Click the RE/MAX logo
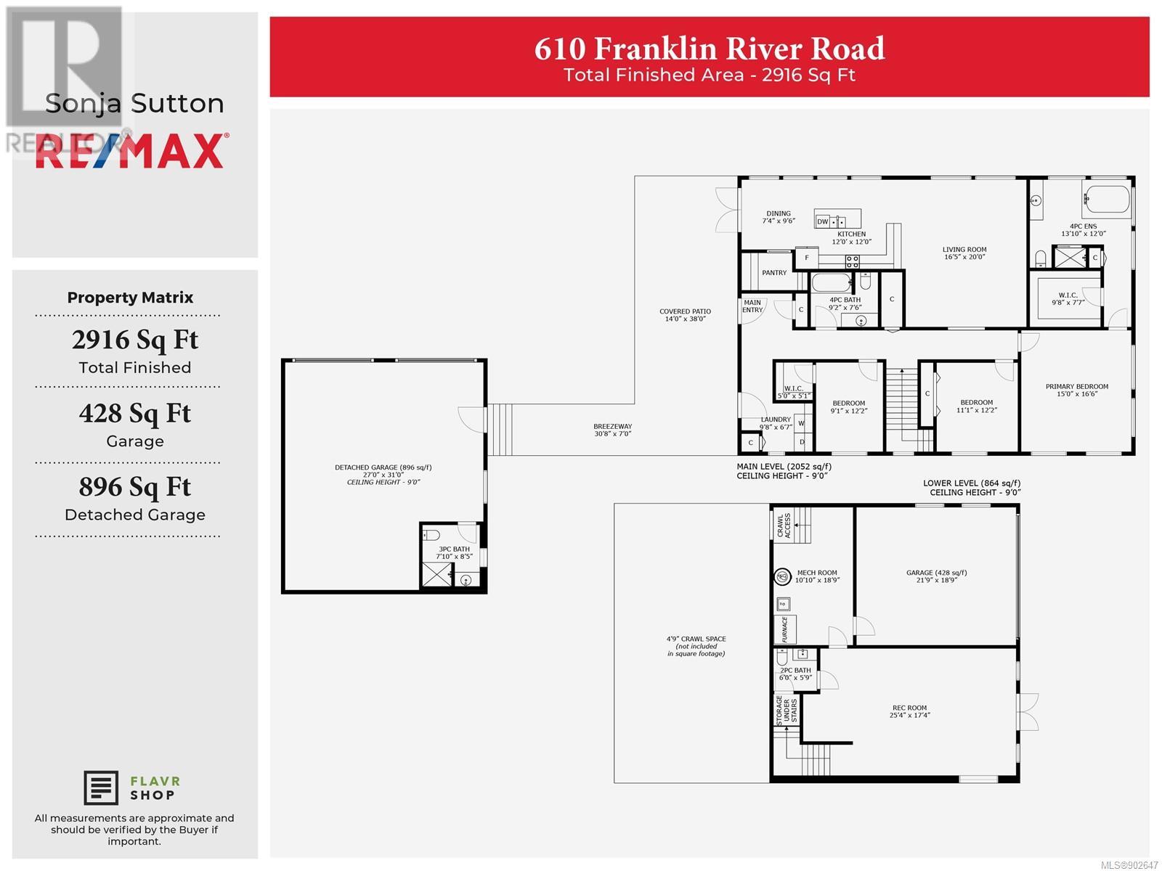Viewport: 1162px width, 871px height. pyautogui.click(x=132, y=151)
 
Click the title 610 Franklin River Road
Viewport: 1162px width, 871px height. pyautogui.click(x=709, y=49)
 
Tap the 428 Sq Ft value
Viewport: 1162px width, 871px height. pyautogui.click(x=135, y=414)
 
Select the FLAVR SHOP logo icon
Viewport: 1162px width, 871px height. pyautogui.click(x=100, y=788)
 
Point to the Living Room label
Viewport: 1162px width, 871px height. pyautogui.click(x=964, y=253)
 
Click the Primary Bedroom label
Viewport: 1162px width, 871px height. pyautogui.click(x=1077, y=390)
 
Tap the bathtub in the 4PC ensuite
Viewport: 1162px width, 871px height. pyautogui.click(x=1106, y=199)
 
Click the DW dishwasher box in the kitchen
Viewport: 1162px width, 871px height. pyautogui.click(x=822, y=221)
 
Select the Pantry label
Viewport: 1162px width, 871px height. pyautogui.click(x=774, y=273)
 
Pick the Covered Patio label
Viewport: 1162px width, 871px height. pyautogui.click(x=685, y=315)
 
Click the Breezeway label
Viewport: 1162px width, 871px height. pyautogui.click(x=612, y=430)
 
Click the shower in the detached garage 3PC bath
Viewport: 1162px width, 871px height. pyautogui.click(x=436, y=575)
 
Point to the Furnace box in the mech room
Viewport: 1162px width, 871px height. pyautogui.click(x=785, y=629)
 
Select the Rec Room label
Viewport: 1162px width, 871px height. pyautogui.click(x=909, y=711)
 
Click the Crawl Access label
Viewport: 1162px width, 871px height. pyautogui.click(x=784, y=526)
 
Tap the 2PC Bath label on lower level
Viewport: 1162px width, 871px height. pyautogui.click(x=795, y=674)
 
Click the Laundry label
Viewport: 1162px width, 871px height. pyautogui.click(x=776, y=423)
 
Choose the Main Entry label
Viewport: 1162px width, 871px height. pyautogui.click(x=752, y=306)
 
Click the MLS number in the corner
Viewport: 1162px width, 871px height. pyautogui.click(x=1129, y=865)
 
